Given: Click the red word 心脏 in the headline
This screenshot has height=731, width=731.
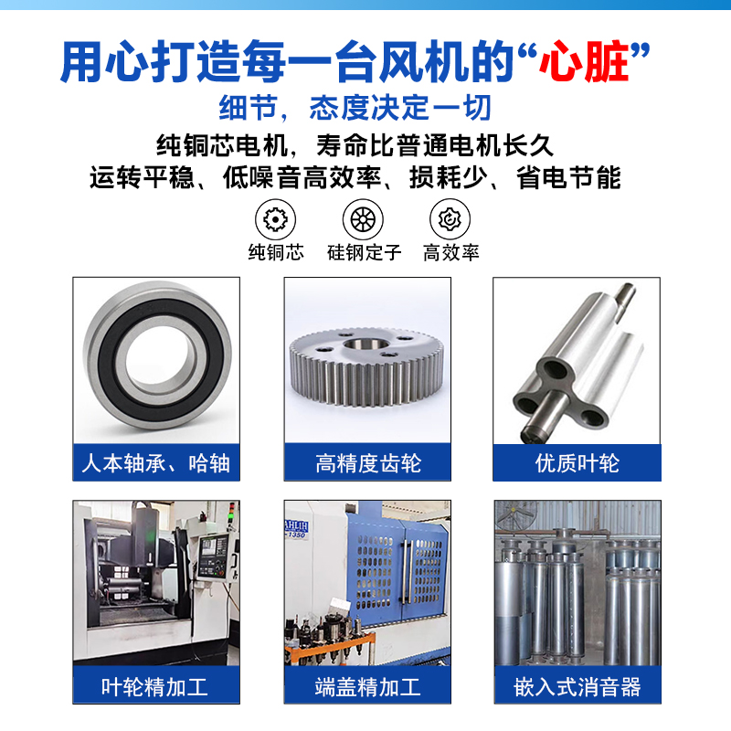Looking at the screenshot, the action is point(585,62).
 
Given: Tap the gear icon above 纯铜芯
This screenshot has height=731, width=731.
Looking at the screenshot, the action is point(276,219).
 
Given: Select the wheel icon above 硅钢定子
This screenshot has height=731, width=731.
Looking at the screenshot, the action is point(363,219).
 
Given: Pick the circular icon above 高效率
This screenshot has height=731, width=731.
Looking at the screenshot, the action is point(450,219).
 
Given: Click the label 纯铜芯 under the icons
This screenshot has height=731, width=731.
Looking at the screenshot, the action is point(276,252).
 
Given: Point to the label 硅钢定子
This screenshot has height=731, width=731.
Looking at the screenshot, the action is point(364,252).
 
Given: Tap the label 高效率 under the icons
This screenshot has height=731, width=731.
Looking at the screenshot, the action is point(450,252).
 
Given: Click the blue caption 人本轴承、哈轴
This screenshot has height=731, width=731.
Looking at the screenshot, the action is point(155,463).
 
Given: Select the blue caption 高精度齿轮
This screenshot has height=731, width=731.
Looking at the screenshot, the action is point(368,463).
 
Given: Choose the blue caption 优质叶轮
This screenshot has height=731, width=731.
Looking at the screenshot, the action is point(577,463).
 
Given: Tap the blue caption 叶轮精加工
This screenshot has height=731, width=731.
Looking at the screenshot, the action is point(154,687).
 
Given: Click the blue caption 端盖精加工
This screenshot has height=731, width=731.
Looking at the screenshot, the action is point(367,687).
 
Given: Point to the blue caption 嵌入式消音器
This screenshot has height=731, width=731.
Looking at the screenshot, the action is point(577,687).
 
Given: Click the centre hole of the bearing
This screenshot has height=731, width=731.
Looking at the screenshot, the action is point(157,357).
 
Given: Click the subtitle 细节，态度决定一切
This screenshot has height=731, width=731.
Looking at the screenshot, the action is point(355,107).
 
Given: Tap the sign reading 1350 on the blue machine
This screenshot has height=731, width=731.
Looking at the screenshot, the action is point(296,535).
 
